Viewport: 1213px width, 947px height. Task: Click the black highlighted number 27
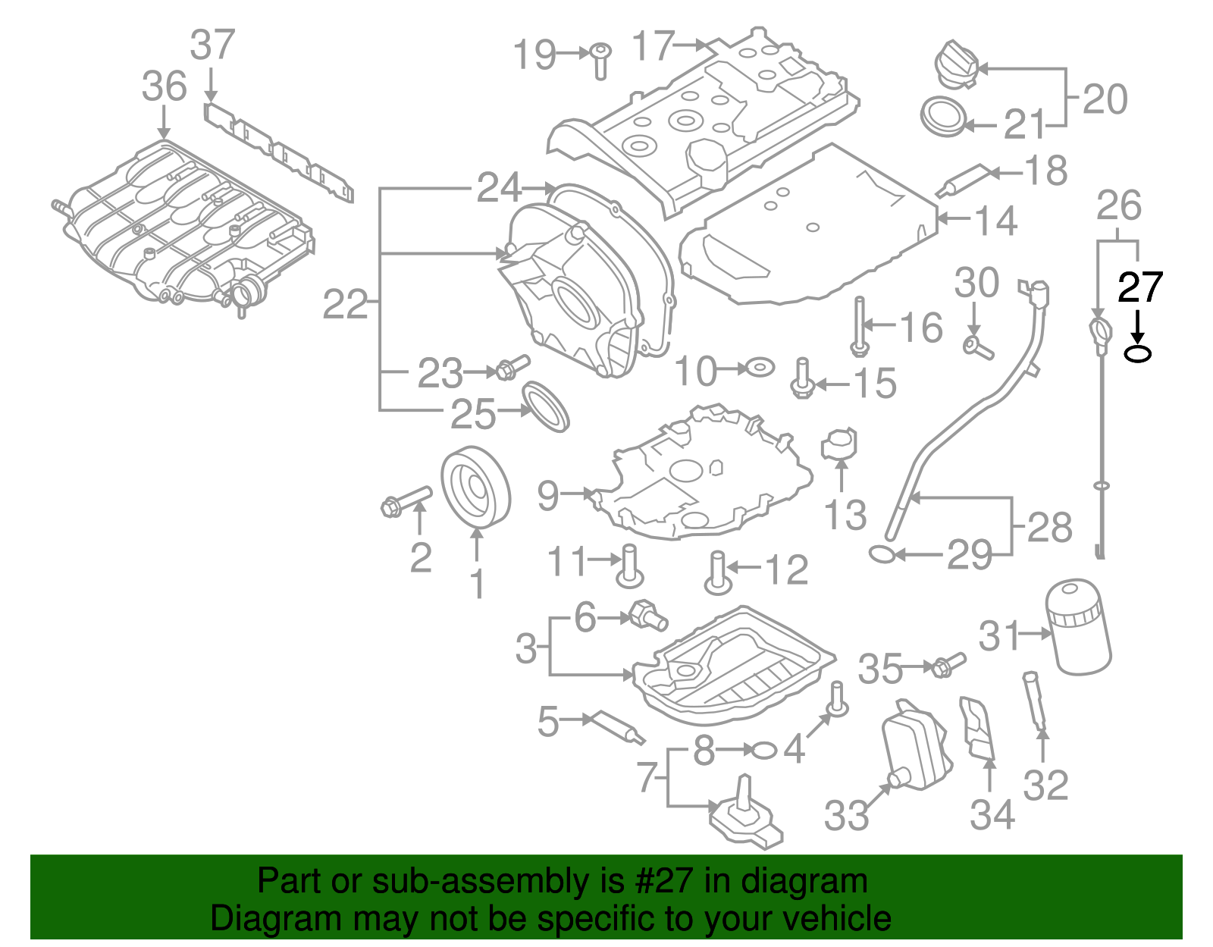tap(1139, 288)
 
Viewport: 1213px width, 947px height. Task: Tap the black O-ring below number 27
tap(1137, 353)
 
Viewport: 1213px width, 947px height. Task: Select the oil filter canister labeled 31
tap(1078, 628)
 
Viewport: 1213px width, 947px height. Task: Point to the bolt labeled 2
tap(406, 501)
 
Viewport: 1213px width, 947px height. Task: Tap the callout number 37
tap(212, 45)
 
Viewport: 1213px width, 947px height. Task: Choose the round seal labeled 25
tap(546, 407)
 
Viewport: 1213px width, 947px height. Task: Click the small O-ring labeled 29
tap(881, 555)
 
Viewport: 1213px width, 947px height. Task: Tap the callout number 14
tap(995, 221)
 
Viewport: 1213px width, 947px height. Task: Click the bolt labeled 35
tap(946, 665)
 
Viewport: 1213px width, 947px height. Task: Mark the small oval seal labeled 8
tap(764, 751)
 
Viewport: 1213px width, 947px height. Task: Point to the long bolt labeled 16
tap(858, 326)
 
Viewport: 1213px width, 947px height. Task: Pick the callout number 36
tap(164, 86)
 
